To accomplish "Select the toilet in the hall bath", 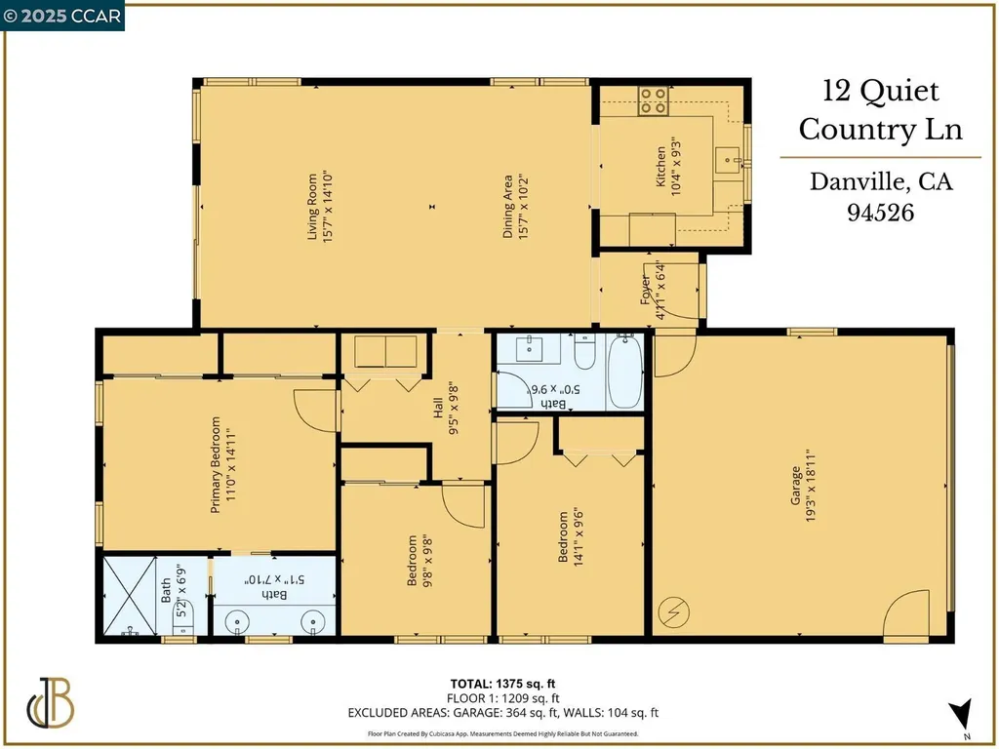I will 585,352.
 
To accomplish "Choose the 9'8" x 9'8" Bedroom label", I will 419,561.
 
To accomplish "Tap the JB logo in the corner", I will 52,701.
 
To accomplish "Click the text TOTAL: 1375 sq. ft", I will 503,683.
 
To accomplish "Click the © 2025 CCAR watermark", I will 62,16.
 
